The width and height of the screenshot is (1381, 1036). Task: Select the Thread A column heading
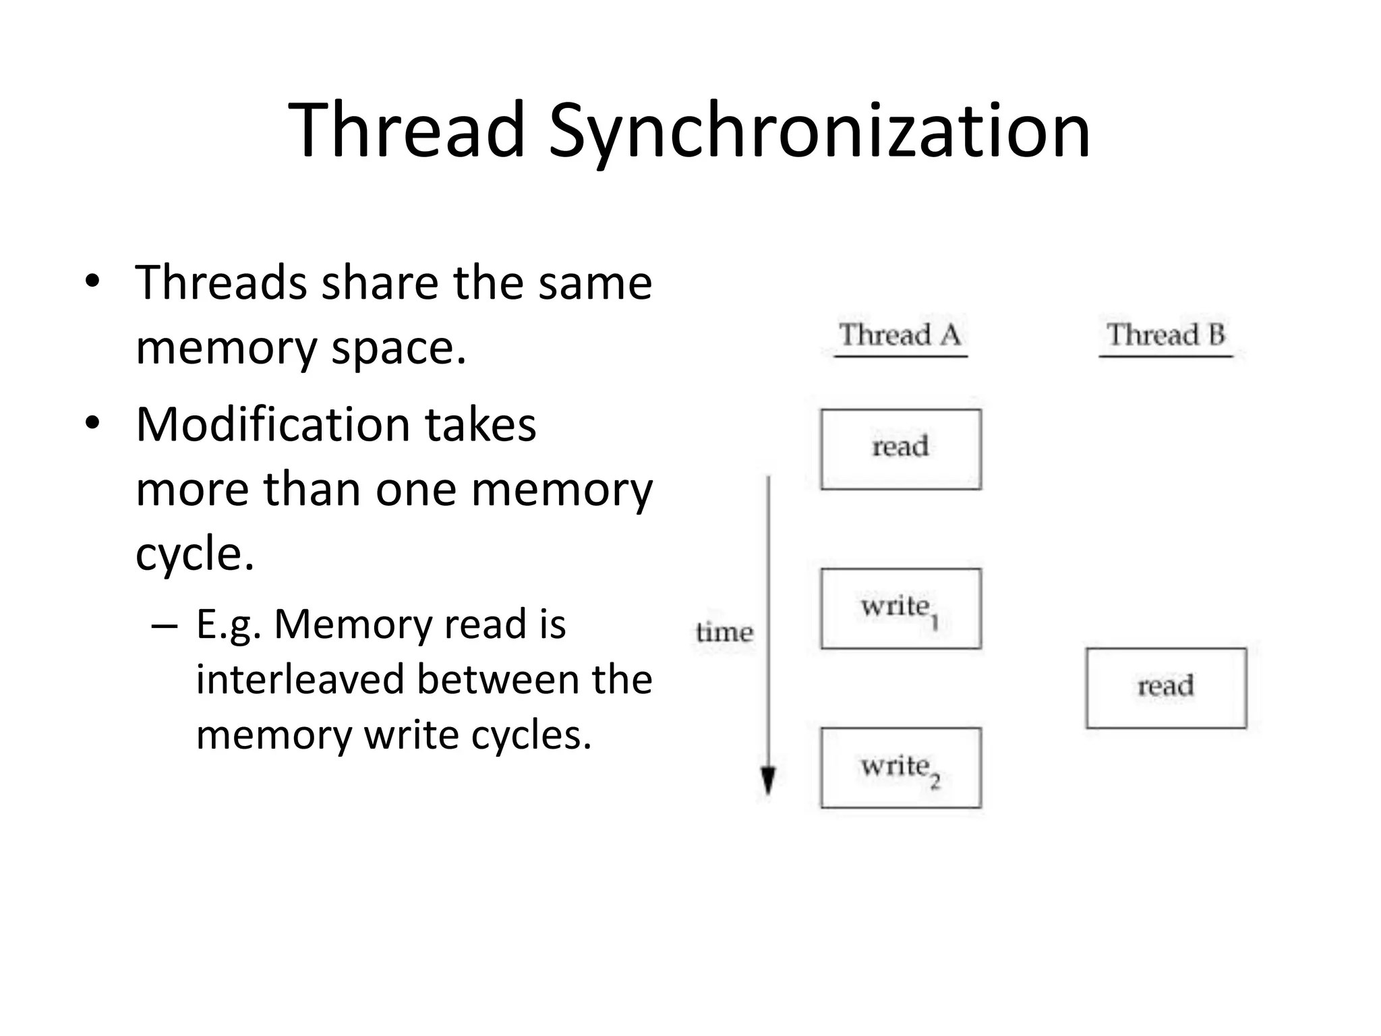coord(900,335)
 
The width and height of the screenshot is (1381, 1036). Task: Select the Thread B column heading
coord(1165,335)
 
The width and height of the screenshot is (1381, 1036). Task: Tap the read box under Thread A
coord(900,449)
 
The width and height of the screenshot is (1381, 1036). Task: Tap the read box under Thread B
coord(1166,688)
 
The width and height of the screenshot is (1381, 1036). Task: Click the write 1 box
coord(900,608)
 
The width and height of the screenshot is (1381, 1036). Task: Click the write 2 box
coord(900,768)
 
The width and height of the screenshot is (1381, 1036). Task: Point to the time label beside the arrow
coord(724,633)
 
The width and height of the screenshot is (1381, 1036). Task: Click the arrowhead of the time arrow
coord(768,782)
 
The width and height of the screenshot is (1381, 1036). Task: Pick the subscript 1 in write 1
coord(935,623)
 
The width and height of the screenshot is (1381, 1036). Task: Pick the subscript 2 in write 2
coord(935,782)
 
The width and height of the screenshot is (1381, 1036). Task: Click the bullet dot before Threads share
coord(92,281)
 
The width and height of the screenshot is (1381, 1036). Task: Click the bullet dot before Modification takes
coord(92,424)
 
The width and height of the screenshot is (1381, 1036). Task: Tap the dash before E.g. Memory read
coord(165,625)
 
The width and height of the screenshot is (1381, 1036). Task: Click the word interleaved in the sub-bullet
coord(299,679)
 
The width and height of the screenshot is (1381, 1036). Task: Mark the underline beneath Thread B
coord(1165,356)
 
